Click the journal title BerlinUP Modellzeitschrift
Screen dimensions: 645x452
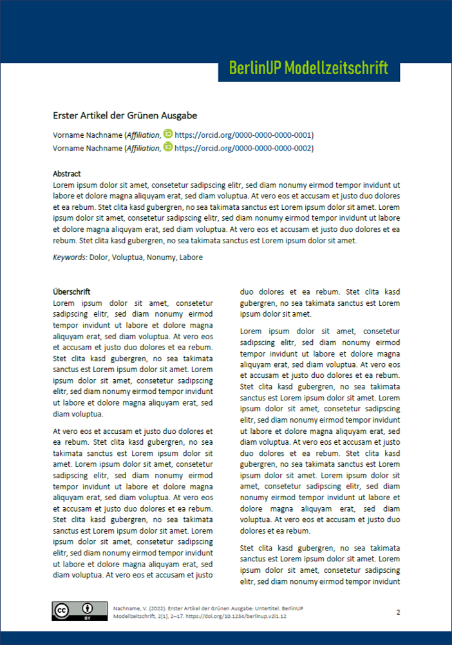(x=308, y=68)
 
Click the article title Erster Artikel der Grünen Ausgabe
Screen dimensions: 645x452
(x=125, y=116)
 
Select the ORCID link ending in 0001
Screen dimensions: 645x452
(x=243, y=135)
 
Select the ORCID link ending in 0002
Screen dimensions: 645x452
(x=243, y=148)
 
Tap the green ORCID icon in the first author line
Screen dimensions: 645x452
(x=168, y=135)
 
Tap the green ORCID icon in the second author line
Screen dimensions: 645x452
(x=168, y=147)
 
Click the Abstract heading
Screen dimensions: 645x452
(x=67, y=174)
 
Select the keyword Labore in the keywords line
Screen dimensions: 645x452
(x=190, y=257)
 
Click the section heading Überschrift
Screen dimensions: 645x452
(x=71, y=292)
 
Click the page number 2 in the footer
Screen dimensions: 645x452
(x=398, y=612)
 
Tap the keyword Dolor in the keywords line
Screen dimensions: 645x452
(x=99, y=257)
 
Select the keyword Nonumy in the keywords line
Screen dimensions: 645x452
(x=160, y=257)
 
